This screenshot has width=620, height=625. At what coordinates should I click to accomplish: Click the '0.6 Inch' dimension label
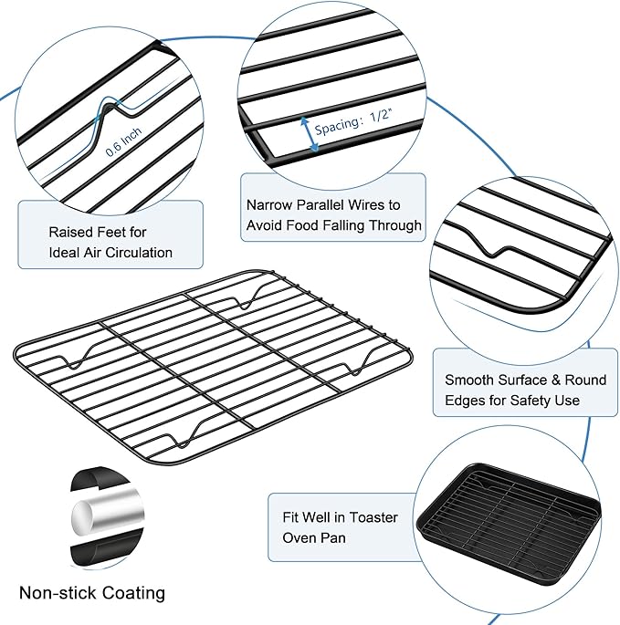coord(124,136)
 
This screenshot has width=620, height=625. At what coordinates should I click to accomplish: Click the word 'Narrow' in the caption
coord(270,205)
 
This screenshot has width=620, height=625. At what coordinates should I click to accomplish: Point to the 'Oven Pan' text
coord(314,537)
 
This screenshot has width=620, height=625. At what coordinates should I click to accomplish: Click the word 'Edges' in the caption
coord(464,400)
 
